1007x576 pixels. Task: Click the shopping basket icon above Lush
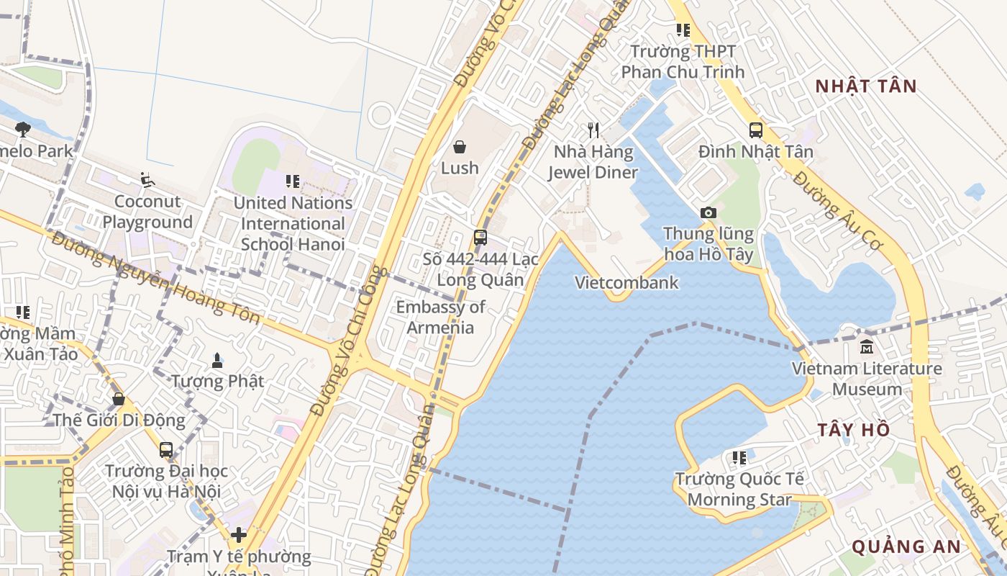(460, 148)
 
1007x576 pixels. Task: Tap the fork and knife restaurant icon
(593, 130)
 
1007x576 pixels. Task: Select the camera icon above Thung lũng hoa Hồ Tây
(708, 212)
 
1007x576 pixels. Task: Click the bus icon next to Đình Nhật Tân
(756, 130)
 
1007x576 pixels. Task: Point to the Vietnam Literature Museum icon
(867, 347)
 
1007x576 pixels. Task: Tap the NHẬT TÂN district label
(867, 86)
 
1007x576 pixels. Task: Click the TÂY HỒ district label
(854, 430)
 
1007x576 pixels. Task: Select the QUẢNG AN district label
(906, 546)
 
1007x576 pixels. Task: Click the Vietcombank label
(626, 282)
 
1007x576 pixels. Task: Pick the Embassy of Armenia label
(441, 317)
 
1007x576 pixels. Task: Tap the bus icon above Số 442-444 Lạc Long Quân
(480, 238)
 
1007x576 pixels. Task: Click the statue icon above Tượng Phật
(217, 359)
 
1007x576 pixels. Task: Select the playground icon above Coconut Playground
(147, 180)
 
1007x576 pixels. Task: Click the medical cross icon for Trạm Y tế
(239, 535)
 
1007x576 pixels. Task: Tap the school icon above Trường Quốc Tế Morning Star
(739, 457)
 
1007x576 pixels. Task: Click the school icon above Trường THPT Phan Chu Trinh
(683, 30)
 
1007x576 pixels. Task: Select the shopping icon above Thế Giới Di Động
(119, 398)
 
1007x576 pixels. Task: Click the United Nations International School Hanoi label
(293, 223)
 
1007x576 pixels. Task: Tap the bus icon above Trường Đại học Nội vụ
(166, 450)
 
